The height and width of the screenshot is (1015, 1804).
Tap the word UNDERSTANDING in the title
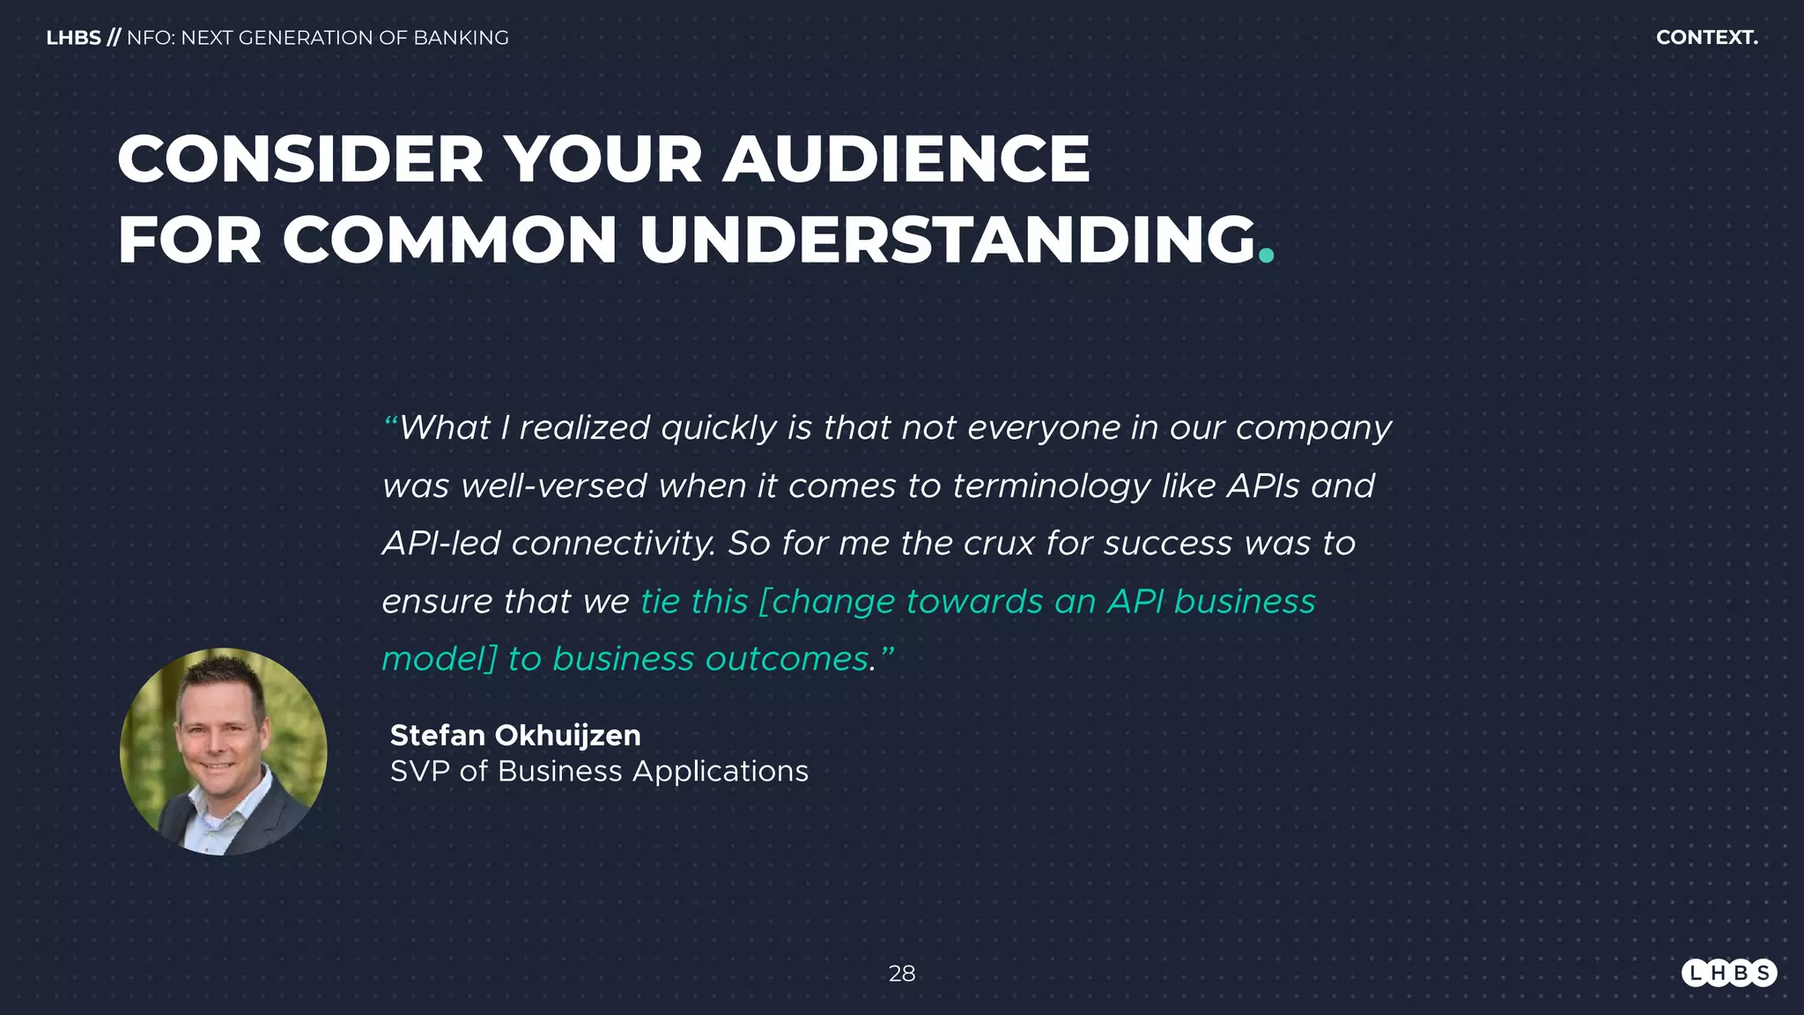[x=948, y=240]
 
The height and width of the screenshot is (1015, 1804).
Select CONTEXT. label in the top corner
[x=1706, y=38]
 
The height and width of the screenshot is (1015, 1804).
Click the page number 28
[x=902, y=974]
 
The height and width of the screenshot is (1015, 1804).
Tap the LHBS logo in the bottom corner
[x=1728, y=973]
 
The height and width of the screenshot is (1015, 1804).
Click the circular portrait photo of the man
[x=224, y=752]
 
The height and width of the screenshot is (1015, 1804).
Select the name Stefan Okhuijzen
[x=515, y=735]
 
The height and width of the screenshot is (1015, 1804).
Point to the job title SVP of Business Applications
[x=599, y=771]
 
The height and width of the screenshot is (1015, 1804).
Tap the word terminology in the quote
[x=1051, y=486]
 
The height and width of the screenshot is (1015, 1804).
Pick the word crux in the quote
[x=999, y=544]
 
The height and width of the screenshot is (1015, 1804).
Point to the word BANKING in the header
[x=461, y=38]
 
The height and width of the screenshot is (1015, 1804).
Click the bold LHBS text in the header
[x=73, y=38]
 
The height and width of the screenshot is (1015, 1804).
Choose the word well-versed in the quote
[x=554, y=486]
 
